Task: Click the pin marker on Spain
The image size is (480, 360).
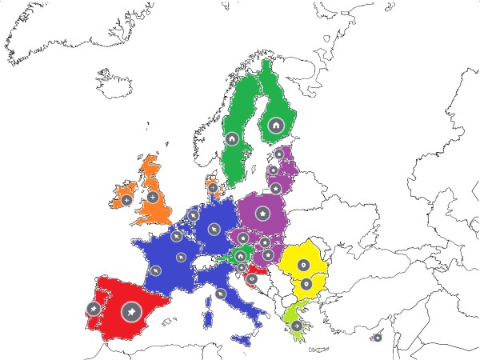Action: pos(131,312)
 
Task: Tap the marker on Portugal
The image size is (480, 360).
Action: pos(93,309)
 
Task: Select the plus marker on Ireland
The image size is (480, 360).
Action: pos(126,200)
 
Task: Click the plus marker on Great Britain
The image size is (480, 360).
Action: pos(153,197)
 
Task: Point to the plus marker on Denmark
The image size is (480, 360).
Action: pos(213,188)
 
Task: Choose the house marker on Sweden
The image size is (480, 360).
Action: pos(232,139)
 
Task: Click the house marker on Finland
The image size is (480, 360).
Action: pos(275,125)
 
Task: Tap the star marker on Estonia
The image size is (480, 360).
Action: pos(279,154)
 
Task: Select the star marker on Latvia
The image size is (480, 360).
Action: pos(273,170)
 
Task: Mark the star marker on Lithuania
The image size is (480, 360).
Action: pos(276,188)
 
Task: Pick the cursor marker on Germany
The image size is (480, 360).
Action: pos(214,229)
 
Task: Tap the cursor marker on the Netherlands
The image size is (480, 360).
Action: pos(194,214)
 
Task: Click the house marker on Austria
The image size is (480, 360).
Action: pos(240,256)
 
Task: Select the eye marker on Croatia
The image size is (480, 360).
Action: pos(251,279)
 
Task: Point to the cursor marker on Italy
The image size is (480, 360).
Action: pos(220,294)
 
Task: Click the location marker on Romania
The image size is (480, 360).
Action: pos(303,265)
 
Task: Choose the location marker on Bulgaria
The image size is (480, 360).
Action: pos(306,284)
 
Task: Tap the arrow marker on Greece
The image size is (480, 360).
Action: pos(297,326)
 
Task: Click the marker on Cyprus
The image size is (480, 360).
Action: pos(378,337)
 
